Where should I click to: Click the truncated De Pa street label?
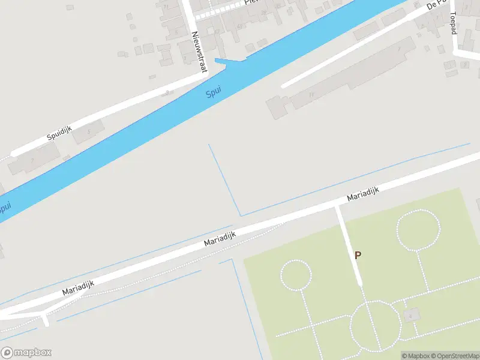tap(437, 5)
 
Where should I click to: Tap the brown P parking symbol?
tap(358, 255)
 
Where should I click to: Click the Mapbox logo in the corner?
tap(26, 352)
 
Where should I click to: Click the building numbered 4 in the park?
tap(411, 314)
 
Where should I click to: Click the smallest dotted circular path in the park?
tap(296, 275)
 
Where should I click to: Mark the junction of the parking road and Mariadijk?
tap(337, 206)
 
